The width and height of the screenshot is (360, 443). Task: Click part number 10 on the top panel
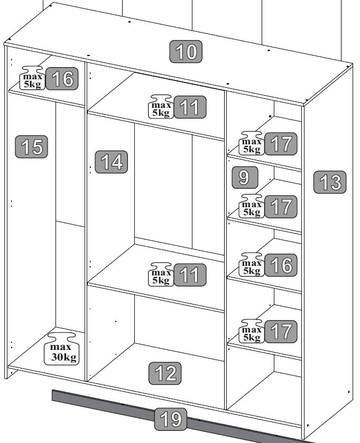[x=186, y=51]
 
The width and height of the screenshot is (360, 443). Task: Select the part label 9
[x=245, y=178]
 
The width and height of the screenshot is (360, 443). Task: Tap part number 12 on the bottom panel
[x=165, y=373]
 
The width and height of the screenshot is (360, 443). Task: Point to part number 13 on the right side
[x=330, y=182]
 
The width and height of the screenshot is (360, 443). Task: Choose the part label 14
[x=112, y=162]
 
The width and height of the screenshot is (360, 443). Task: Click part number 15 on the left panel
[x=31, y=146]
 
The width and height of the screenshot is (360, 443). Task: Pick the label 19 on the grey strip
[x=170, y=419]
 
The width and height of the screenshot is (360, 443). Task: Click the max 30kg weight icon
[x=62, y=348]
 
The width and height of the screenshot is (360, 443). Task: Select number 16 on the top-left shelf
[x=62, y=79]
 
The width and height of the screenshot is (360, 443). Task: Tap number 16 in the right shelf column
[x=281, y=265]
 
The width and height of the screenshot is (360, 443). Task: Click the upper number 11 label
[x=190, y=107]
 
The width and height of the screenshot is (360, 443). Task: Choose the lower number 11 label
[x=190, y=274]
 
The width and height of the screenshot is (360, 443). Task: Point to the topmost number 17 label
[x=281, y=144]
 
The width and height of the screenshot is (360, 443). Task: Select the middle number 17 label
[x=281, y=207]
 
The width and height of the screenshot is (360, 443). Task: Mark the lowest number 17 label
[x=281, y=331]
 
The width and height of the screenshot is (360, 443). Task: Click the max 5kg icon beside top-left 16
[x=32, y=78]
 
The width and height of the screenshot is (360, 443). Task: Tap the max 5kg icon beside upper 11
[x=161, y=106]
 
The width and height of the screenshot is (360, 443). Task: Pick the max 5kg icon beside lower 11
[x=161, y=274]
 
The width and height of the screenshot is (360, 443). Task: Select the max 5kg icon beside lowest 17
[x=252, y=331]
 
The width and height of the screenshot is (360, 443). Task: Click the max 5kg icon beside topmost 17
[x=252, y=143]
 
